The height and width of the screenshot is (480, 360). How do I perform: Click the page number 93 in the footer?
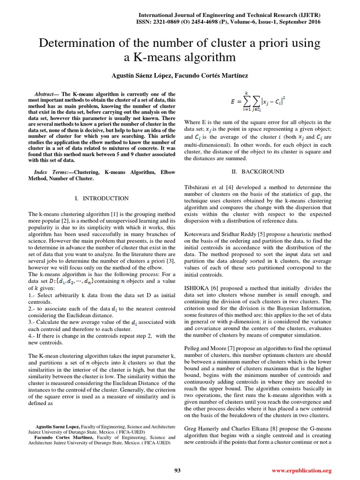[x=177, y=471]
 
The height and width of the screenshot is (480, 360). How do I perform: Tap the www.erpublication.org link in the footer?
[x=302, y=471]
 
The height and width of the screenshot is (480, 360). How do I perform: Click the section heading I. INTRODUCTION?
[x=102, y=198]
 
